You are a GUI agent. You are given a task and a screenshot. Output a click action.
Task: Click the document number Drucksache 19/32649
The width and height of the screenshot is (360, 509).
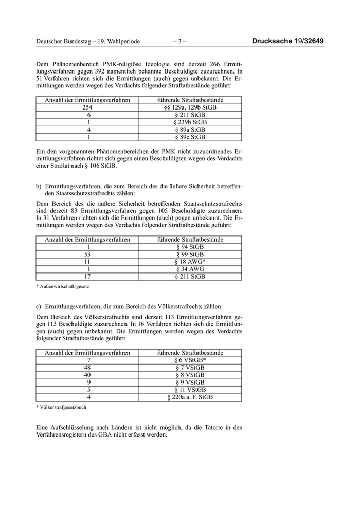click(x=291, y=41)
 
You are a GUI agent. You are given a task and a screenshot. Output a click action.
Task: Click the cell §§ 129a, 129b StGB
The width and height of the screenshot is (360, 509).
click(x=190, y=107)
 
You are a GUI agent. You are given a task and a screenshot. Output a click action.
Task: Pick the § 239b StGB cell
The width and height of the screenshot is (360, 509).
click(x=190, y=122)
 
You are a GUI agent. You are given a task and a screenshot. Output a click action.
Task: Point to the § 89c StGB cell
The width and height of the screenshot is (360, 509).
click(x=190, y=137)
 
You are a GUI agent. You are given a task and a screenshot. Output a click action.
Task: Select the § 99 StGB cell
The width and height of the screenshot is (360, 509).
click(x=190, y=254)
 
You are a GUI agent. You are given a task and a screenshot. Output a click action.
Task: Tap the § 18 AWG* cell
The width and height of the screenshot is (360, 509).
click(x=190, y=262)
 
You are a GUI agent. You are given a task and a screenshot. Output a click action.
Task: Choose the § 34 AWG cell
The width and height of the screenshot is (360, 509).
click(x=190, y=269)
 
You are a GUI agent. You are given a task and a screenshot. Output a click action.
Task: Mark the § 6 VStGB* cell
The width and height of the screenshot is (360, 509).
click(x=190, y=360)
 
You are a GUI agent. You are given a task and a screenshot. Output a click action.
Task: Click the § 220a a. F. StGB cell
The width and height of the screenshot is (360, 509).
click(x=190, y=397)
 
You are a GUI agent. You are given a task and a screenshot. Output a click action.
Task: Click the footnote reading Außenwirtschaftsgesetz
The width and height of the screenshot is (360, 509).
click(x=61, y=286)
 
